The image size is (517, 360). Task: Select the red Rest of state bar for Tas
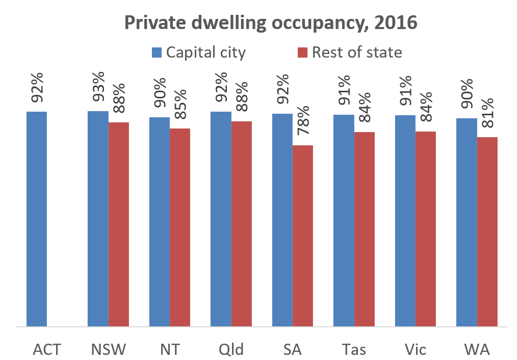(364, 229)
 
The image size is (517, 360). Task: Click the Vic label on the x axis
(415, 350)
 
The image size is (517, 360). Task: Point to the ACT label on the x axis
(47, 350)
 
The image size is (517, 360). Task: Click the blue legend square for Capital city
(157, 52)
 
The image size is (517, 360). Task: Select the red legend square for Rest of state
(302, 52)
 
